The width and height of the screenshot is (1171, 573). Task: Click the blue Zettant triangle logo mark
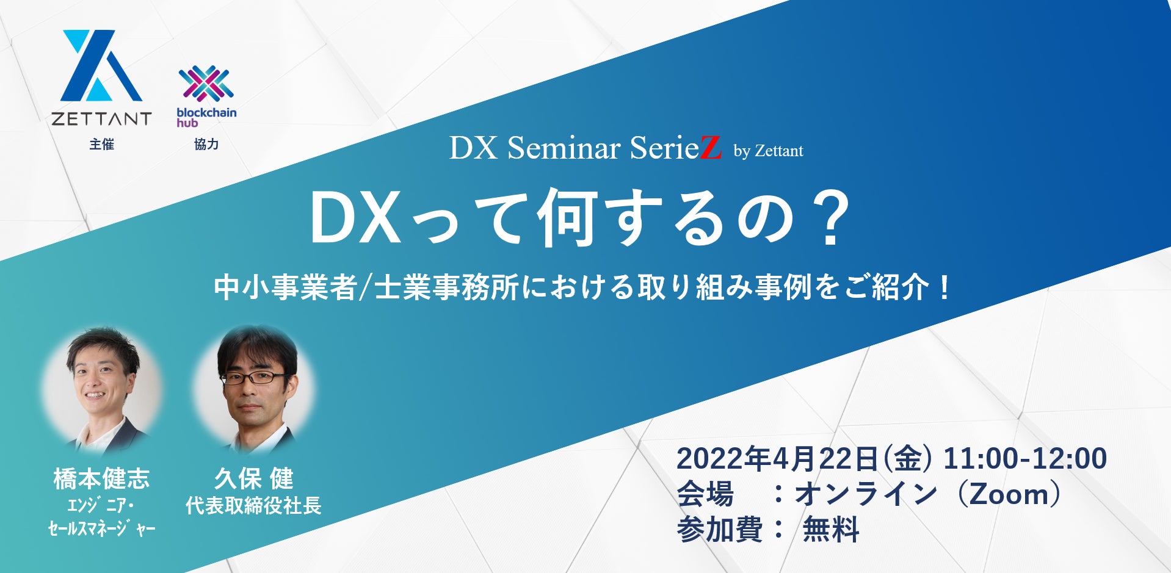[x=101, y=65]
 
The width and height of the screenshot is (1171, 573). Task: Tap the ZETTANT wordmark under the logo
[x=101, y=118]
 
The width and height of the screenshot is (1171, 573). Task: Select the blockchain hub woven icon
[x=206, y=84]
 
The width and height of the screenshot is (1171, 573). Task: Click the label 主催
[x=101, y=144]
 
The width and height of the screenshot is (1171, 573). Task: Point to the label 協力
[x=206, y=144]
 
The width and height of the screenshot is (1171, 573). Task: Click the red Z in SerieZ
[x=710, y=148]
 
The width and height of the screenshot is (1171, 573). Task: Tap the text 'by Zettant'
[x=768, y=151]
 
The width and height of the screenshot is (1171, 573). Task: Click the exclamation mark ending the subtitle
[x=945, y=287]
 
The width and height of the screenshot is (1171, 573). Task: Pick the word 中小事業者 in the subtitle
[x=285, y=287]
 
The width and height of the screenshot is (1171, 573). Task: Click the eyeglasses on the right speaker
[x=252, y=378]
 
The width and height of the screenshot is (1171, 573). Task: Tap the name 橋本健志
[x=101, y=478]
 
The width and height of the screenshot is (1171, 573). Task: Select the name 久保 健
[x=253, y=478]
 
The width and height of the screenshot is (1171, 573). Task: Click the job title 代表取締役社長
[x=253, y=506]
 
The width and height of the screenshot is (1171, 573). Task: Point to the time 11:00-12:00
[x=1025, y=459]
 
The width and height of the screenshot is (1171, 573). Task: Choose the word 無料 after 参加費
[x=831, y=529]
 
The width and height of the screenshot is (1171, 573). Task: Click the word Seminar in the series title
[x=564, y=148]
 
